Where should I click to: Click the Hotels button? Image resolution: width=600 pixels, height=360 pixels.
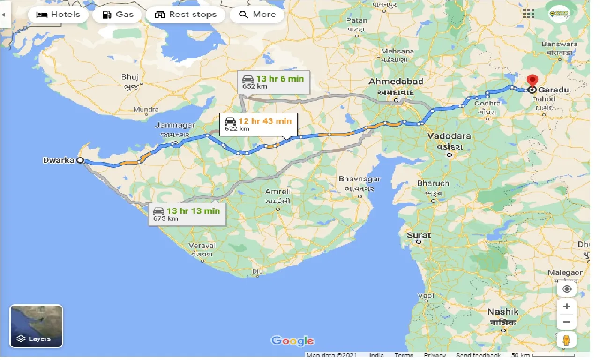point(58,15)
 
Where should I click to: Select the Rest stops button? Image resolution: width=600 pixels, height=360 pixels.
point(186,15)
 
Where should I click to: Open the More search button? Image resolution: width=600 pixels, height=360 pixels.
point(257,15)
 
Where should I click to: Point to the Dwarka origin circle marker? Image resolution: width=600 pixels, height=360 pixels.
point(80,160)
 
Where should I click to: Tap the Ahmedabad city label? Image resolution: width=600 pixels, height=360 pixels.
point(396,82)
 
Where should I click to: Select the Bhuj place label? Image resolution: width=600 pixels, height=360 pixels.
point(130,77)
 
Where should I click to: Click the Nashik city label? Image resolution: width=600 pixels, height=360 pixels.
point(502,312)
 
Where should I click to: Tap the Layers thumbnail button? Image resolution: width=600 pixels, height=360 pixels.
point(36,326)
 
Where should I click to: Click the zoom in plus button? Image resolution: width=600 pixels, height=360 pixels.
point(567,306)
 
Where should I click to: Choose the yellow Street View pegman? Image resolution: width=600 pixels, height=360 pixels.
point(567,339)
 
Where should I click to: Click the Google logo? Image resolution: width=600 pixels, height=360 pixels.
point(292,341)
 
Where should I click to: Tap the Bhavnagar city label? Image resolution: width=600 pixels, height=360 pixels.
point(360,179)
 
